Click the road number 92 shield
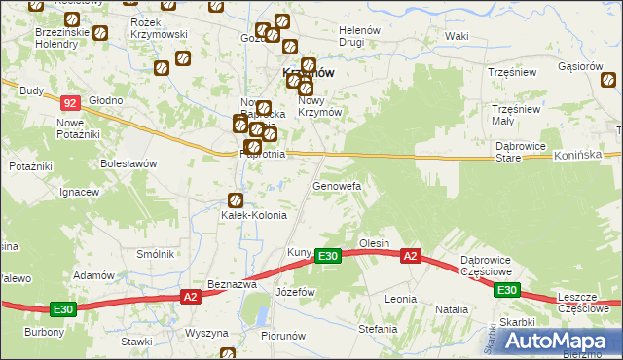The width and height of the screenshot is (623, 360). pyautogui.click(x=69, y=102)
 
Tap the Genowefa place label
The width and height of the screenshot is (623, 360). pyautogui.click(x=337, y=185)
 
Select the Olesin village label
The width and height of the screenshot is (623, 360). pyautogui.click(x=374, y=243)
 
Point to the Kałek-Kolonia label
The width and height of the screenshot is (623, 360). pyautogui.click(x=254, y=215)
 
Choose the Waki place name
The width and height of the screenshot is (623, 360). pyautogui.click(x=457, y=36)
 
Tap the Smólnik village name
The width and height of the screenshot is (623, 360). pyautogui.click(x=156, y=254)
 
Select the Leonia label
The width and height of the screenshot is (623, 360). pyautogui.click(x=400, y=299)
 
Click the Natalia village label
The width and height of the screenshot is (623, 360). pyautogui.click(x=452, y=309)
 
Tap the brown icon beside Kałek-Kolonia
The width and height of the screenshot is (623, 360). pyautogui.click(x=235, y=199)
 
